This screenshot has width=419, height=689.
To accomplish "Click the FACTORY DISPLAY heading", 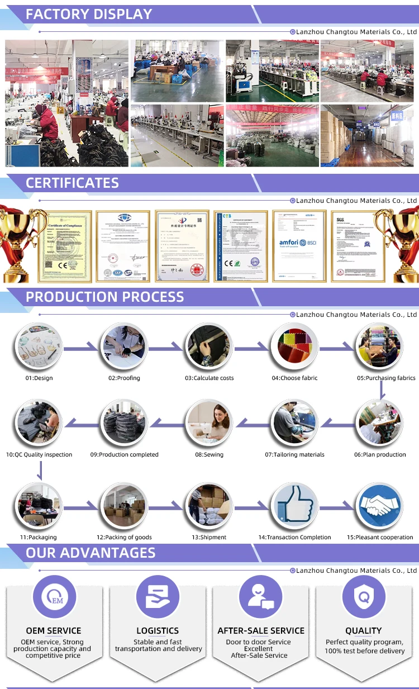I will (89, 15).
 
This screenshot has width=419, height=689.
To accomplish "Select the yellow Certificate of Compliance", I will (64, 246).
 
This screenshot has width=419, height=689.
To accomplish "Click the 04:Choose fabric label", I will (294, 378).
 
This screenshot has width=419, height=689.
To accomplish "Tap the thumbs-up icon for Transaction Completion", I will (294, 505).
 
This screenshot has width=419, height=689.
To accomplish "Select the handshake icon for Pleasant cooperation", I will (380, 505).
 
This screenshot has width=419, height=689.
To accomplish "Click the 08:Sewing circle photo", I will (209, 422).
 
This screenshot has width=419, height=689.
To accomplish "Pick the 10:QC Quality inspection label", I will (39, 455).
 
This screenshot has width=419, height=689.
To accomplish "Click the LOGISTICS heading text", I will (158, 631).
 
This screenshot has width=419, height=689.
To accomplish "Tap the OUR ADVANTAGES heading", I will (91, 553).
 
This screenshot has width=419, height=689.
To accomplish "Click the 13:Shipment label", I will (209, 538).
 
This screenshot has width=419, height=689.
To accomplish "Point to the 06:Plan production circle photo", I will (380, 422).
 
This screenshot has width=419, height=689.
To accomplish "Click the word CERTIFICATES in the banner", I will (72, 183).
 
